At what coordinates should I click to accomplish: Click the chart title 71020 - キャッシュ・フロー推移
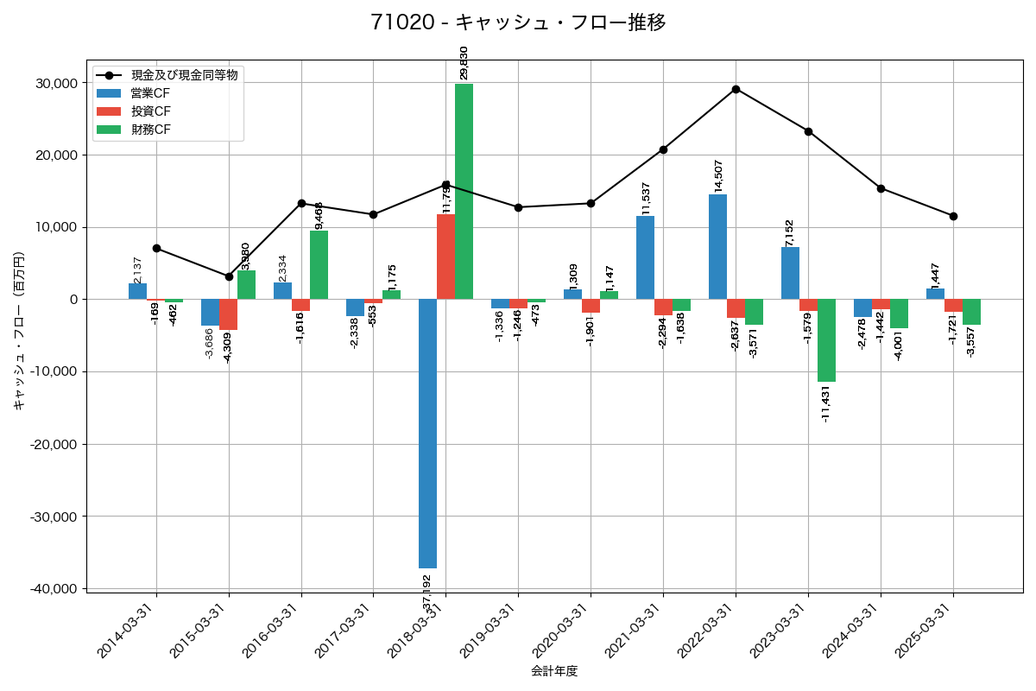coord(518,22)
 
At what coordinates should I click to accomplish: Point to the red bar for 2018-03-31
coord(445,257)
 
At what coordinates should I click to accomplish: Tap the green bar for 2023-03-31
coord(826,340)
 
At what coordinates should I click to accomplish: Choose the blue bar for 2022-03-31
coord(717,247)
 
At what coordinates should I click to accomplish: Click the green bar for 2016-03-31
coord(319,265)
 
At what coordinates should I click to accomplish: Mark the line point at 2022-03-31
coord(736,89)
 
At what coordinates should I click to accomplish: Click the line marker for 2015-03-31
coord(229,276)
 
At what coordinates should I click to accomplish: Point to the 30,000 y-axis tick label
coord(54,83)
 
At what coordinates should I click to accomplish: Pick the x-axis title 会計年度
coord(554,671)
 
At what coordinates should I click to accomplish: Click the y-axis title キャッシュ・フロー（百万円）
coord(19,330)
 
